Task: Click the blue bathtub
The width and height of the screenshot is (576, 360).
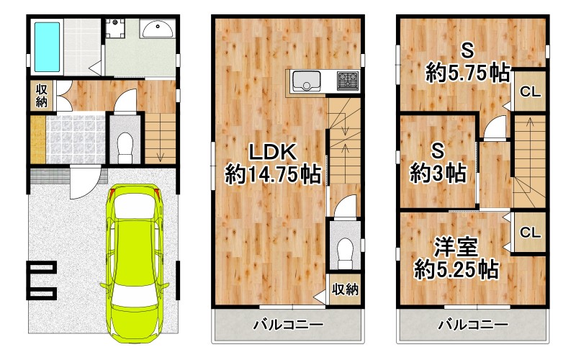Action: tap(47, 45)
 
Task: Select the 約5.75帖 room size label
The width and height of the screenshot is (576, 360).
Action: tap(467, 72)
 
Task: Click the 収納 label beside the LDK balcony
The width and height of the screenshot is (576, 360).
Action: tap(344, 290)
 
